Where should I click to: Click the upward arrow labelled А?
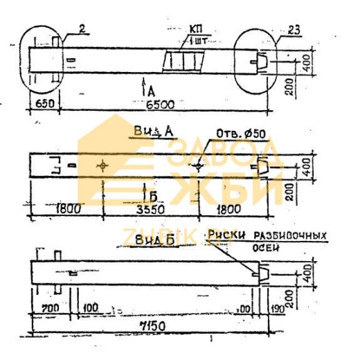click(x=143, y=87)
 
